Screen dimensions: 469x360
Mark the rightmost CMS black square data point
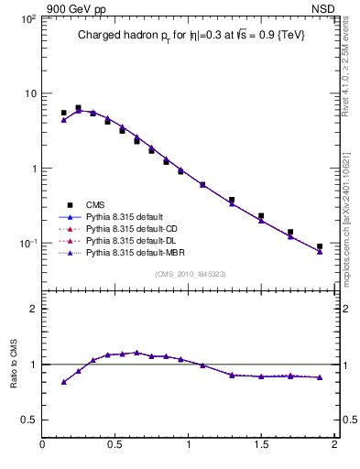tap(320, 246)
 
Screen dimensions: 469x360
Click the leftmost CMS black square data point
tap(63, 113)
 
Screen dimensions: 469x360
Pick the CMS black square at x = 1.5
tap(261, 216)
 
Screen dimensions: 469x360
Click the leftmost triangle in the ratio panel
tap(63, 382)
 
